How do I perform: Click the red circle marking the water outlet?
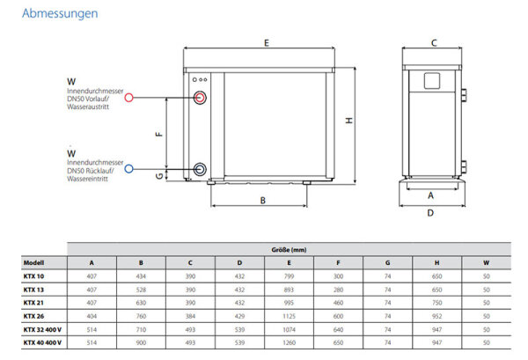click(129, 99)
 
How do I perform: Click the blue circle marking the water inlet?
click(129, 168)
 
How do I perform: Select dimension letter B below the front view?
click(263, 201)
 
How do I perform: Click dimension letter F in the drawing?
click(159, 134)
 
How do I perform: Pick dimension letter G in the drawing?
click(159, 175)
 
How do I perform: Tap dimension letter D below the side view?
click(430, 212)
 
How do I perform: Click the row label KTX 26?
click(34, 315)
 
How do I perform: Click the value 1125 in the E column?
click(289, 315)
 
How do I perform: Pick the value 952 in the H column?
click(437, 315)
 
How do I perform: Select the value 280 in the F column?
click(338, 289)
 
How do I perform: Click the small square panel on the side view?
click(431, 81)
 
